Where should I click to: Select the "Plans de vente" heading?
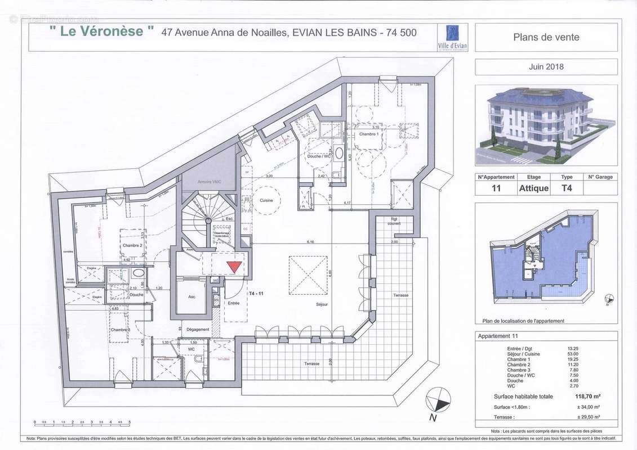click(x=546, y=38)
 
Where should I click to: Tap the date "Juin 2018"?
click(x=546, y=66)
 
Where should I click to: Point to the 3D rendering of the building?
click(x=546, y=125)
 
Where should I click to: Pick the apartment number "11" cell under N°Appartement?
click(x=496, y=188)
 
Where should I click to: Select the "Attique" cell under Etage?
click(x=533, y=188)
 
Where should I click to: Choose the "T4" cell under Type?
click(x=567, y=188)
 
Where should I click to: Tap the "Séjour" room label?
click(x=322, y=304)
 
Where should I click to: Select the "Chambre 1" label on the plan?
click(x=369, y=134)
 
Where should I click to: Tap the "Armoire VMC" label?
click(x=207, y=183)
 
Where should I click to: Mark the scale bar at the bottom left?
click(x=82, y=421)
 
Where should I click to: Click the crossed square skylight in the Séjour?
click(x=308, y=275)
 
